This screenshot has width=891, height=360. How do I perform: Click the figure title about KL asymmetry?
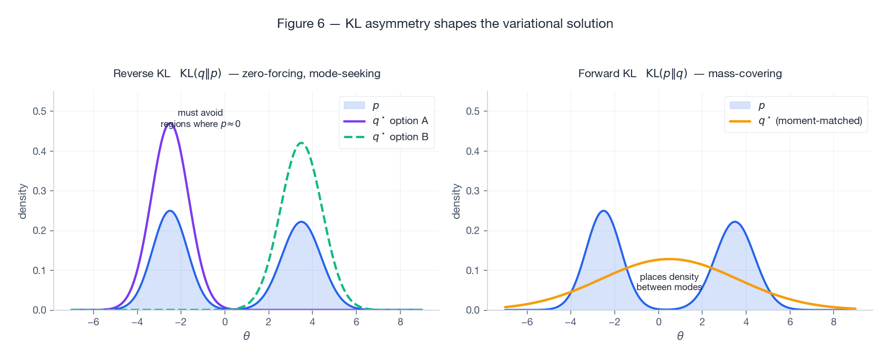tap(445, 23)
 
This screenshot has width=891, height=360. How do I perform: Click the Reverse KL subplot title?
tap(247, 74)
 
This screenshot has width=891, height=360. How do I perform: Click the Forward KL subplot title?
tap(679, 74)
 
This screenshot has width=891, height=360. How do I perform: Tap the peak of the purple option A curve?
tap(170, 124)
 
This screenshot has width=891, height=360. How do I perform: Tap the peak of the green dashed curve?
tap(301, 143)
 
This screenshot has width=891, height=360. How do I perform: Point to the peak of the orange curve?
tap(669, 259)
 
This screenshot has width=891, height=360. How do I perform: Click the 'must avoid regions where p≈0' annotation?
tap(200, 118)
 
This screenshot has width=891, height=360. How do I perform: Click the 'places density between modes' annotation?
tap(669, 282)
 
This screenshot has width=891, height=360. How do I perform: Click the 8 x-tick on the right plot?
tap(833, 322)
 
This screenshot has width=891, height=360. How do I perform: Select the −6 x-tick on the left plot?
tap(93, 322)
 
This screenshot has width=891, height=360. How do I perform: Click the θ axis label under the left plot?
tap(246, 336)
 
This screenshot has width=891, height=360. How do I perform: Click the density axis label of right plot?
tap(456, 201)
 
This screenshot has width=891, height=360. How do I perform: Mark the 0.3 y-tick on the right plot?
tap(473, 191)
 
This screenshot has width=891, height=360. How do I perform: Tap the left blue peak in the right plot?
tap(604, 211)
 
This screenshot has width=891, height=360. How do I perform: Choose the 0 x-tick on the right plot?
tap(658, 322)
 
